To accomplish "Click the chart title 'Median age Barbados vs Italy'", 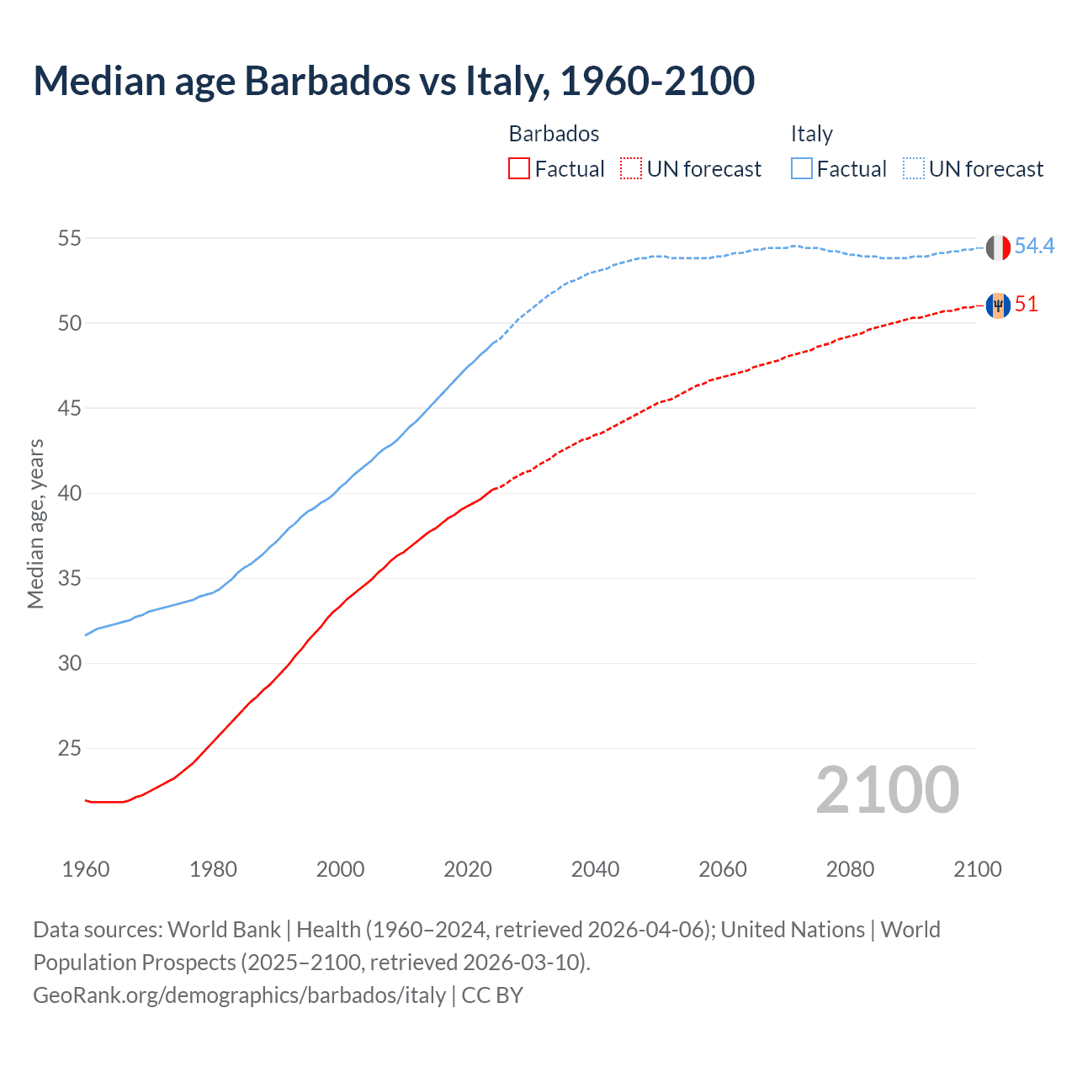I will tap(394, 82).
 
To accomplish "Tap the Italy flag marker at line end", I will tap(997, 247).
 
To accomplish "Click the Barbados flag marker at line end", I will tap(997, 305).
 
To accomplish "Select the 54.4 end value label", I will tap(1034, 246).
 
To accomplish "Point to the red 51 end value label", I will tap(1026, 305).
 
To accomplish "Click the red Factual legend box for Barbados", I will tap(519, 169).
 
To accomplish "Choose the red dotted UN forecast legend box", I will tap(630, 169).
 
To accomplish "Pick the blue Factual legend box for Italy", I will tap(802, 169).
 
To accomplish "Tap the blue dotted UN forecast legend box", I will tap(913, 169).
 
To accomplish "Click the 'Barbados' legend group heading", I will tap(554, 134).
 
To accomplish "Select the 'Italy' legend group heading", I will tap(811, 134).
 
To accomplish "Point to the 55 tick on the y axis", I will tap(69, 238).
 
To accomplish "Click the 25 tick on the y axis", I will tap(69, 748).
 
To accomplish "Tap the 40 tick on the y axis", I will tap(69, 493).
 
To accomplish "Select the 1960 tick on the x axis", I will tap(86, 869).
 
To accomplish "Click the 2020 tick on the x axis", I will tap(468, 869).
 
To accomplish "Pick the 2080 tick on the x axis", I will tap(850, 869).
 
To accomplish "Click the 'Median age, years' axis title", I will tap(35, 523).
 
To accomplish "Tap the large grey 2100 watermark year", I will tap(887, 790).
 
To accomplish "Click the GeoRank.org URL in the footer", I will tap(239, 995).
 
